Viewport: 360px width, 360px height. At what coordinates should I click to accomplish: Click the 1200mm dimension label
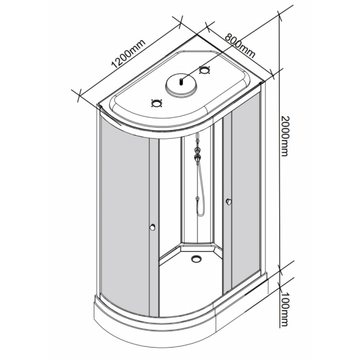(129, 53)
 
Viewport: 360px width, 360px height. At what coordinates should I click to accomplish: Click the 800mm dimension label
(240, 46)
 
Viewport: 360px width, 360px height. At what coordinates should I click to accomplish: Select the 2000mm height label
(285, 136)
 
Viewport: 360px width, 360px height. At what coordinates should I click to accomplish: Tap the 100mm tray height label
(284, 309)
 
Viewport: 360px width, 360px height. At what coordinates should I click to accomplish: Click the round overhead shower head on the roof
(181, 85)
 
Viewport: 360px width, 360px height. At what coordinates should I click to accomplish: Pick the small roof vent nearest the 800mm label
(205, 70)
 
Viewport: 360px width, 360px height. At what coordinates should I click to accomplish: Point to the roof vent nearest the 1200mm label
(157, 103)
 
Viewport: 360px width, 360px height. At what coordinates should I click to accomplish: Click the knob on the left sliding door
(153, 227)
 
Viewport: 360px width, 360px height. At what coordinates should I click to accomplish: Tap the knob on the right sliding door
(229, 202)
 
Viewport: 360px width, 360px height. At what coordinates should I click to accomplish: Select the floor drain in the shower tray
(196, 259)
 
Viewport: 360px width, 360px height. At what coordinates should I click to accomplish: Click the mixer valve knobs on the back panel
(197, 153)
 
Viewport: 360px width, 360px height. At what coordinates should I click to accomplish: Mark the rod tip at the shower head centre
(181, 81)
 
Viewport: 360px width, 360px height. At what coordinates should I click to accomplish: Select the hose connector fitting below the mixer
(197, 199)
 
